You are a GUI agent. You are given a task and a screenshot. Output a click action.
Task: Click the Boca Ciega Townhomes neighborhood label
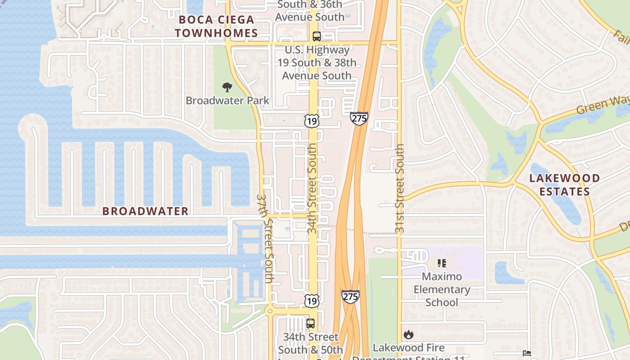tap(216, 26)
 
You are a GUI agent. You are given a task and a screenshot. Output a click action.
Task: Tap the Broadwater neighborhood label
tap(145, 211)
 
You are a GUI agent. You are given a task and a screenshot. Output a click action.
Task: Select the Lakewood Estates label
tap(564, 184)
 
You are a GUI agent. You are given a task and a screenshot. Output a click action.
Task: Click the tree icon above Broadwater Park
tap(227, 87)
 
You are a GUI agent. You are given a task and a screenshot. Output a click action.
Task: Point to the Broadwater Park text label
tap(227, 100)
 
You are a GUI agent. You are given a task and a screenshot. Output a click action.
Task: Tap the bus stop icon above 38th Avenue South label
tap(317, 36)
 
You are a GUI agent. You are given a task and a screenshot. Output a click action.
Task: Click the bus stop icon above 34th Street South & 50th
tap(310, 323)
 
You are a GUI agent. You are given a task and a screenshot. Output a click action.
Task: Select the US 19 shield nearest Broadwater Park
tap(311, 120)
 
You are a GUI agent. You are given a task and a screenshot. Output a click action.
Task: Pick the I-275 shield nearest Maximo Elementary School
tap(350, 296)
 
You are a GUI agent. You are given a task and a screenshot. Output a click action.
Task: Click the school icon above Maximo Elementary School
tap(441, 263)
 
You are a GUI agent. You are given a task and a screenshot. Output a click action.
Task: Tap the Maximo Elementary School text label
tap(441, 289)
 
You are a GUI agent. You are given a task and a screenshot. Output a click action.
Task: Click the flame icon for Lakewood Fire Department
tap(409, 334)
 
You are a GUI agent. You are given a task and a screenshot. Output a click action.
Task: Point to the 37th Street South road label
tap(265, 238)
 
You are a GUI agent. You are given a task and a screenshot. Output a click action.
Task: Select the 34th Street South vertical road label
tap(312, 189)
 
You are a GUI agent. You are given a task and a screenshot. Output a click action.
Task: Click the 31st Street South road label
tap(400, 189)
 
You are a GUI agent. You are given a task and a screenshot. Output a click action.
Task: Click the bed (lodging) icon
tap(527, 353)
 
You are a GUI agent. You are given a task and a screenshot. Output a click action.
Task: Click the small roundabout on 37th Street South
tap(270, 311)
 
